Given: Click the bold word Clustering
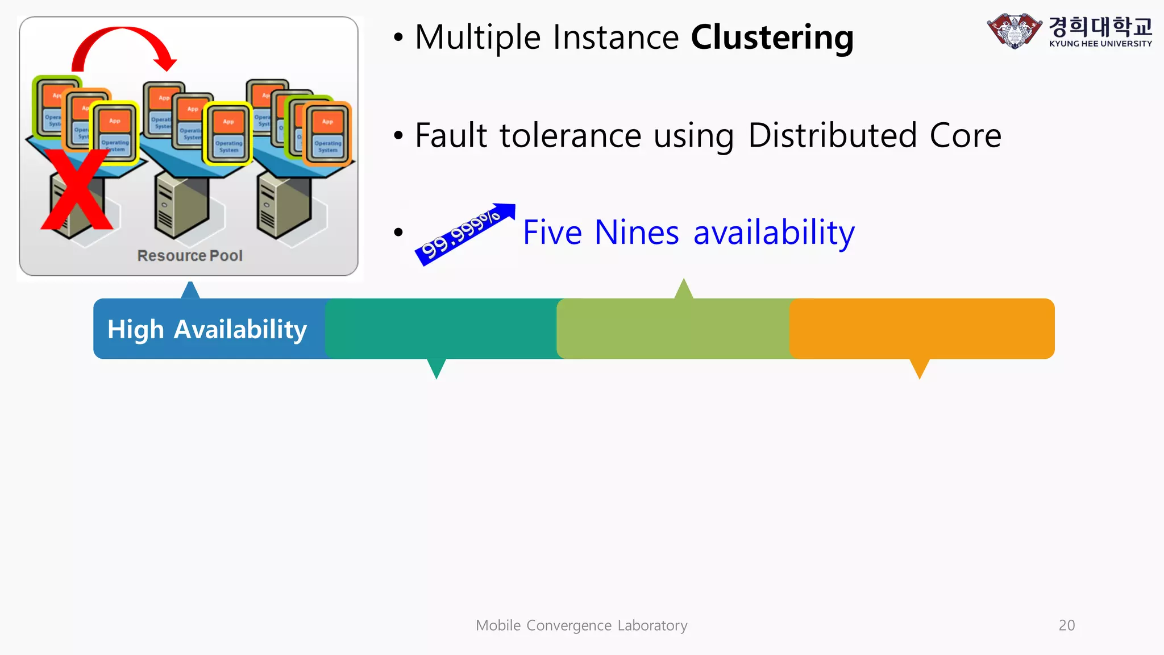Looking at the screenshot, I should (x=772, y=38).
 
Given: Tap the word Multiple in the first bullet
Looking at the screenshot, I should (x=477, y=38).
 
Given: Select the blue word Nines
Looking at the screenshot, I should (x=637, y=233).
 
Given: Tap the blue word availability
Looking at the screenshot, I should (x=774, y=233).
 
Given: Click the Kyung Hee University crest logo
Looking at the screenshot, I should (x=1014, y=31).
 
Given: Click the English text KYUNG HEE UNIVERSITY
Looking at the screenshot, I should (x=1100, y=44).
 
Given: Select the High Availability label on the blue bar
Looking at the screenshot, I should (x=207, y=329).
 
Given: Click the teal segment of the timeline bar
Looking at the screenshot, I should (x=440, y=329).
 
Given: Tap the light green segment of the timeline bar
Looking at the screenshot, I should (x=674, y=329).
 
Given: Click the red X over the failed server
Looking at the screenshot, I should (x=77, y=190).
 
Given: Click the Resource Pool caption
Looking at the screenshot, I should (x=190, y=256).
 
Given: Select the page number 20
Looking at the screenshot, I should (x=1066, y=625).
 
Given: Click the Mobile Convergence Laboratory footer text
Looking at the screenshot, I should (x=581, y=625).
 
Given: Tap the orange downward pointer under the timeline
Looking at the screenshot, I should (x=919, y=368).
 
